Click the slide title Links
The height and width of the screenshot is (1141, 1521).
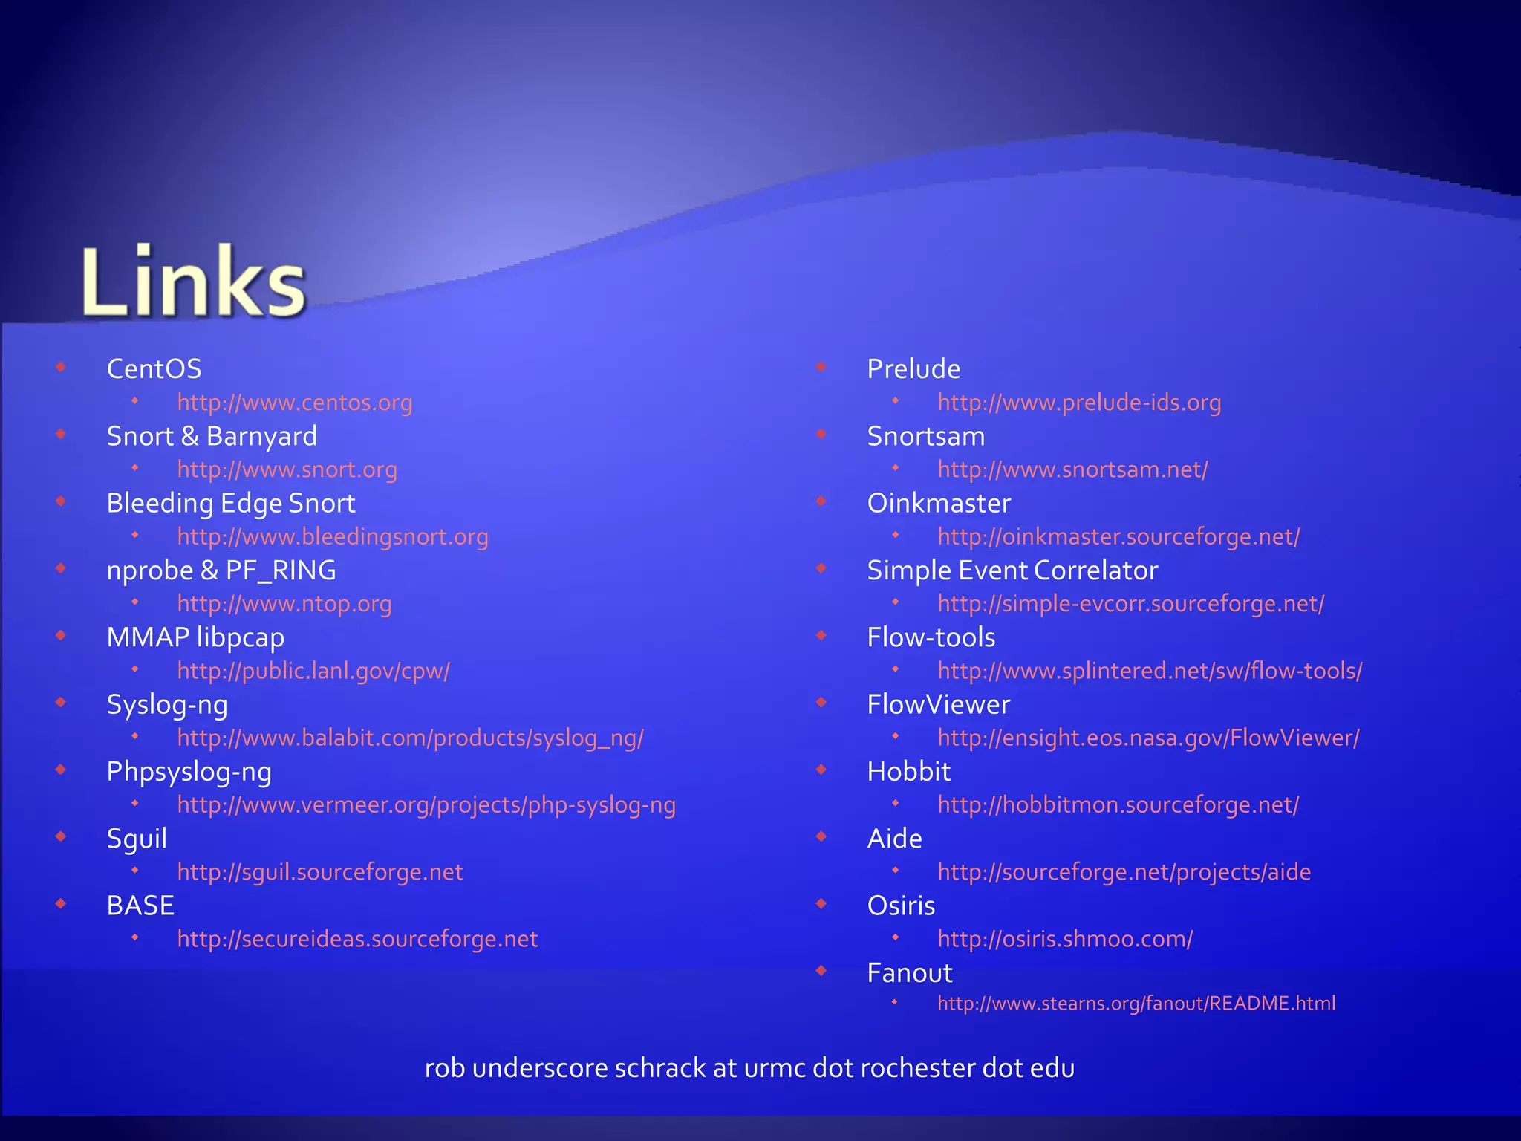coord(193,282)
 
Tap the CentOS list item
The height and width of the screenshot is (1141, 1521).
coord(154,368)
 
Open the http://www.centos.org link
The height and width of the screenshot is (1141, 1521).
coord(294,403)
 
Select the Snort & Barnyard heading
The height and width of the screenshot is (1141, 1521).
coord(212,436)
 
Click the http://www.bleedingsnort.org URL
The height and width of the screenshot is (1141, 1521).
coord(333,536)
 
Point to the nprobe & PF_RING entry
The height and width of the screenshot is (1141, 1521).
coord(221,570)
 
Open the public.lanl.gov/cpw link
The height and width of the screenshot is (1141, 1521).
coord(313,671)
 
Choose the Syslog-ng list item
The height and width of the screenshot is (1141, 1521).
coord(167,705)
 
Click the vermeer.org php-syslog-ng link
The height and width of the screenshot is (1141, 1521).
coord(426,805)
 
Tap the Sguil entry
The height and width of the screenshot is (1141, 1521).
coord(137,839)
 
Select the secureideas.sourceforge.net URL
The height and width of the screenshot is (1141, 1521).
coord(357,939)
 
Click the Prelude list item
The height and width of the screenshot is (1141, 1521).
coord(913,368)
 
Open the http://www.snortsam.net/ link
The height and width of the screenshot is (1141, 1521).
coord(1072,469)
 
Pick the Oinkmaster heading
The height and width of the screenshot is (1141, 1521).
coord(939,503)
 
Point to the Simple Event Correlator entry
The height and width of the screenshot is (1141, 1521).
coord(1012,570)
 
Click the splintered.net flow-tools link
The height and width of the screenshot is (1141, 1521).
coord(1150,671)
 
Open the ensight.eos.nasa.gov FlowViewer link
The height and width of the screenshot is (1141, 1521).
coord(1148,738)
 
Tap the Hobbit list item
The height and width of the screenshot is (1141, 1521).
coord(908,772)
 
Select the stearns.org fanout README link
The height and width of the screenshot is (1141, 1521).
coord(1136,1004)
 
